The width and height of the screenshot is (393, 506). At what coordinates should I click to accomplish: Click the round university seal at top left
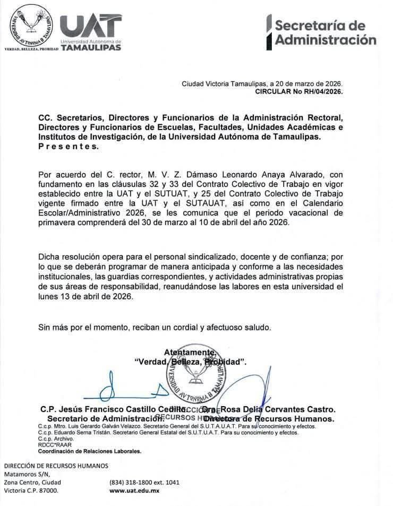[x=31, y=24]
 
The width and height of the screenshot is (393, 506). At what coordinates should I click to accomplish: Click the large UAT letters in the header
[x=90, y=25]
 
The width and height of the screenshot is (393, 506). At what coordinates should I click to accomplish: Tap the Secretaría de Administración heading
[x=324, y=32]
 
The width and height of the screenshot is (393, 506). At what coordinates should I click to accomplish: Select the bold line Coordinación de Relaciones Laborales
[x=90, y=451]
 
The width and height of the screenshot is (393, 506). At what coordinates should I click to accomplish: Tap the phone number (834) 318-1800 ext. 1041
[x=144, y=483]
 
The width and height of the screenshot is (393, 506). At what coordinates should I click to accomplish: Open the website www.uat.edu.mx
[x=134, y=491]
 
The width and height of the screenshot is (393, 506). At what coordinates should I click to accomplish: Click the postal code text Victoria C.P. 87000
[x=31, y=491]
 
